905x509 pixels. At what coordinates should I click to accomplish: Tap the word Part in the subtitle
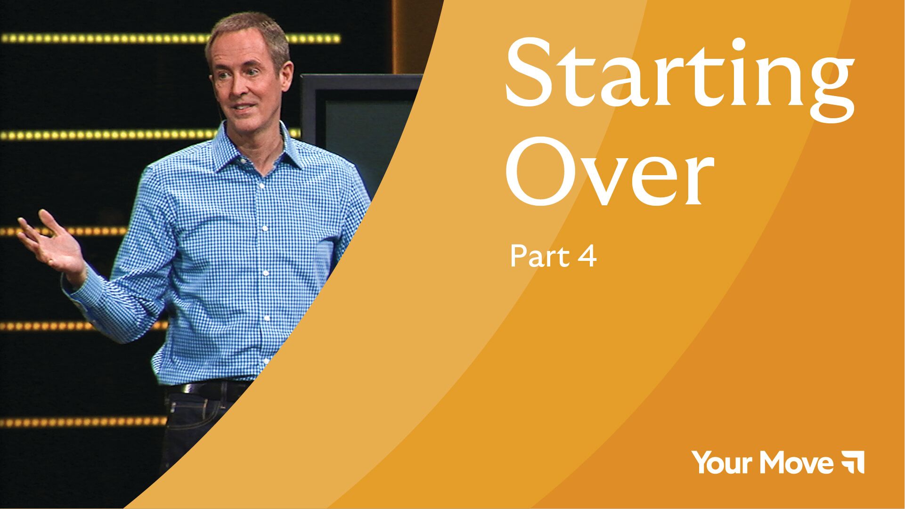tap(537, 257)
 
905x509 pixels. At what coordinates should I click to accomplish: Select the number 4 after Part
tap(587, 257)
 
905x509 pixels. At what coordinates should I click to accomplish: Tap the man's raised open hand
tap(52, 242)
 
